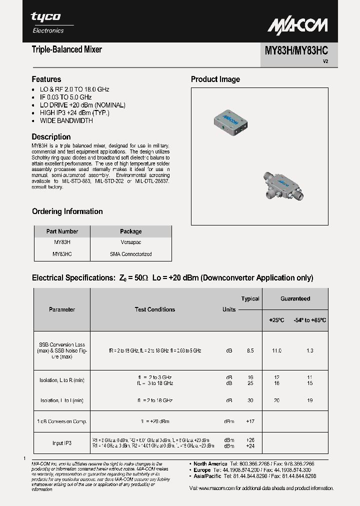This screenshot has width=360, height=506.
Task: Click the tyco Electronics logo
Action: coord(47,22)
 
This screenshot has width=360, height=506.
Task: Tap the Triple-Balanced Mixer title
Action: coord(66,49)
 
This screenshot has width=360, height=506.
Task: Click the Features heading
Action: coord(46,79)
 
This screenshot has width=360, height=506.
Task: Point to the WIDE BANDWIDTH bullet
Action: coord(66,120)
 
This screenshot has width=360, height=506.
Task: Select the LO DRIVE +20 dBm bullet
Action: coord(82,105)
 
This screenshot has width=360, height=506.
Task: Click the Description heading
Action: coord(51,136)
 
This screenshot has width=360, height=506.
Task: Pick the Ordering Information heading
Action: coord(67,211)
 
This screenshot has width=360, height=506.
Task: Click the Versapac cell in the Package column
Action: coord(131,242)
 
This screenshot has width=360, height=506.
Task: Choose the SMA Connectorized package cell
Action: coord(131,254)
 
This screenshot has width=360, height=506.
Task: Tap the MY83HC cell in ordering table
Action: coord(62,254)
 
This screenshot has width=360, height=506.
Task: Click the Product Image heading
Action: coord(215,79)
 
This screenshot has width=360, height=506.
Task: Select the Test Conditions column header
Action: coord(155,309)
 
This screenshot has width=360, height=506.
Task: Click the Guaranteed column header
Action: coord(295,298)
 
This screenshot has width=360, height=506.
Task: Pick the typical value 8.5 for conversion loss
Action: coord(250,351)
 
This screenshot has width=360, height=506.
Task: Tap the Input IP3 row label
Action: coord(62,442)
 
